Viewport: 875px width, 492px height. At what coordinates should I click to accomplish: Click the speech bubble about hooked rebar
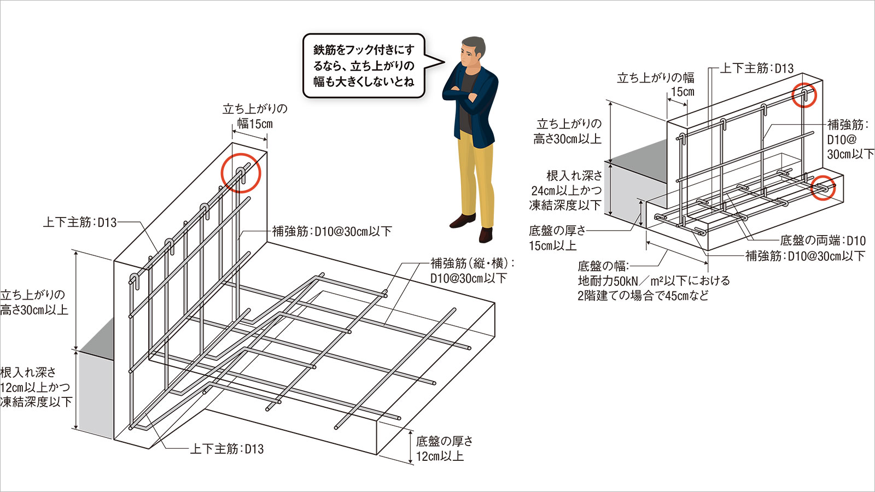click(x=364, y=66)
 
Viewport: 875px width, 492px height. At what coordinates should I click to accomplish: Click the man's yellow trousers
click(x=476, y=175)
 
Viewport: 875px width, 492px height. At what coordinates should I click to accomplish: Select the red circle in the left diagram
click(x=241, y=173)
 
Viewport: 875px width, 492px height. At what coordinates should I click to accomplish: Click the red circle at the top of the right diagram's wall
click(x=804, y=95)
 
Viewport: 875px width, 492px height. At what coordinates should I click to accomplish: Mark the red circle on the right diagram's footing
click(x=824, y=188)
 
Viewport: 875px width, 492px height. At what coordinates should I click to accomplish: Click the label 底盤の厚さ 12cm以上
click(x=444, y=448)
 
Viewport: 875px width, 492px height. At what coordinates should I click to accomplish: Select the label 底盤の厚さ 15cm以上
click(x=557, y=238)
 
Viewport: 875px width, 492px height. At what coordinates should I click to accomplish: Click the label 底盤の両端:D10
click(x=822, y=241)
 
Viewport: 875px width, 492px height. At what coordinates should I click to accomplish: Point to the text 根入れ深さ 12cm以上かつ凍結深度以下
click(x=36, y=387)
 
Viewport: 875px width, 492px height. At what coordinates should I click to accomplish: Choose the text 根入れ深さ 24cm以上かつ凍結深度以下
click(x=565, y=190)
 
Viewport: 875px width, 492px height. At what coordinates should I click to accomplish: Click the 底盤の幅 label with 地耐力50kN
click(x=653, y=281)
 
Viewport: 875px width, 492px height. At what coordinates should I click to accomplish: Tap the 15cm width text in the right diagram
click(x=682, y=92)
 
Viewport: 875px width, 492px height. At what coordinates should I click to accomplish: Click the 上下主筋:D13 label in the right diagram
click(x=756, y=68)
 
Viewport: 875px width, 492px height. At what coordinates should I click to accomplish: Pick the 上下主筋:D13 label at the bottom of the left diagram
click(x=226, y=449)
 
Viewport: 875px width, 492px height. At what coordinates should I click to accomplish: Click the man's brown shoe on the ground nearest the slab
click(x=485, y=234)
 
